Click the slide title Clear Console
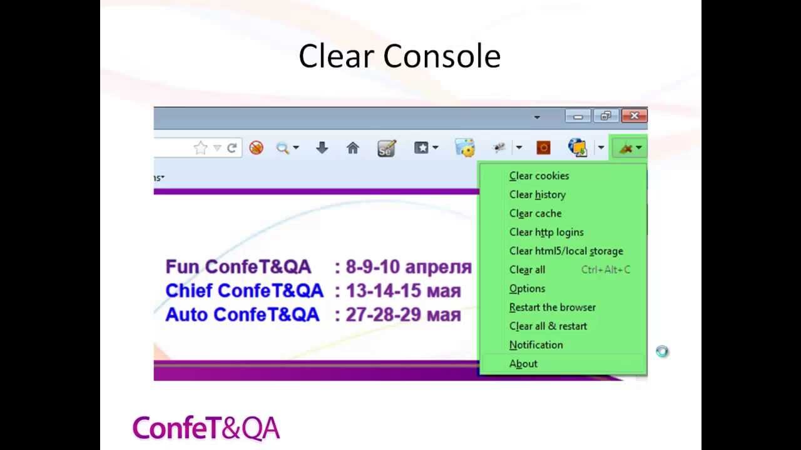399,56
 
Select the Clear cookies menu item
539,176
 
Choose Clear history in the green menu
538,194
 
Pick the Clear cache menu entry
535,213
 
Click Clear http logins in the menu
546,232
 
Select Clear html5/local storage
566,251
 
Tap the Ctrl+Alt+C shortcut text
605,269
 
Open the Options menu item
527,289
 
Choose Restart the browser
553,307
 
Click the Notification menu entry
536,345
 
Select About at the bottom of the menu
523,364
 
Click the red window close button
635,116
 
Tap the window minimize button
578,116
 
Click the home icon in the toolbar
352,147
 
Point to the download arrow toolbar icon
322,147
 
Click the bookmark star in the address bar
201,147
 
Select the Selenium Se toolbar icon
386,148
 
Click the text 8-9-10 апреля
409,267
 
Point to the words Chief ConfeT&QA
244,291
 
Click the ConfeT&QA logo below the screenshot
206,428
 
